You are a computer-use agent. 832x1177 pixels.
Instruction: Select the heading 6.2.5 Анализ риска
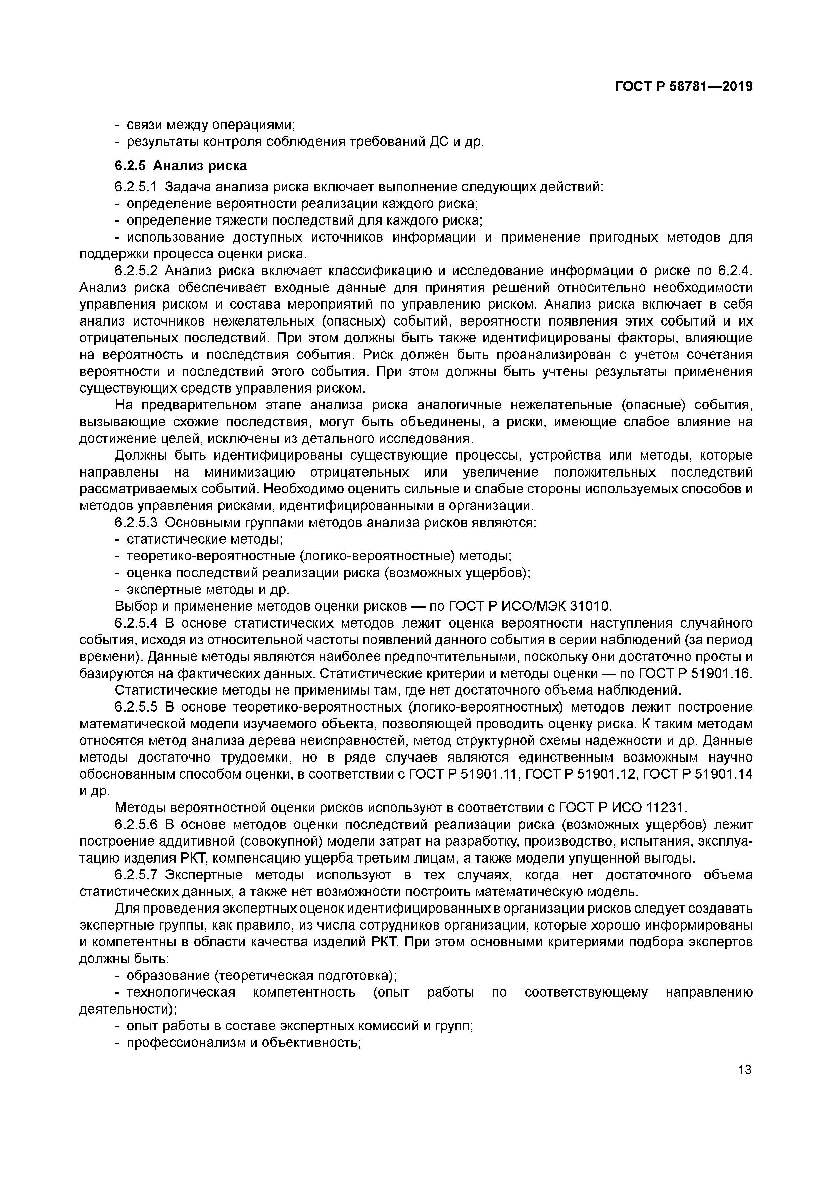pyautogui.click(x=181, y=166)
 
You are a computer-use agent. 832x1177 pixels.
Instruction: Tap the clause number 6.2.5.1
pyautogui.click(x=136, y=187)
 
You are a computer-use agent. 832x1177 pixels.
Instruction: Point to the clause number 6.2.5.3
pyautogui.click(x=136, y=523)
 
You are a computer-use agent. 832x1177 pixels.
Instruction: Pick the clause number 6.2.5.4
pyautogui.click(x=136, y=623)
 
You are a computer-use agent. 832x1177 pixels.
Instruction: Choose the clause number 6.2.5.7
pyautogui.click(x=136, y=875)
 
